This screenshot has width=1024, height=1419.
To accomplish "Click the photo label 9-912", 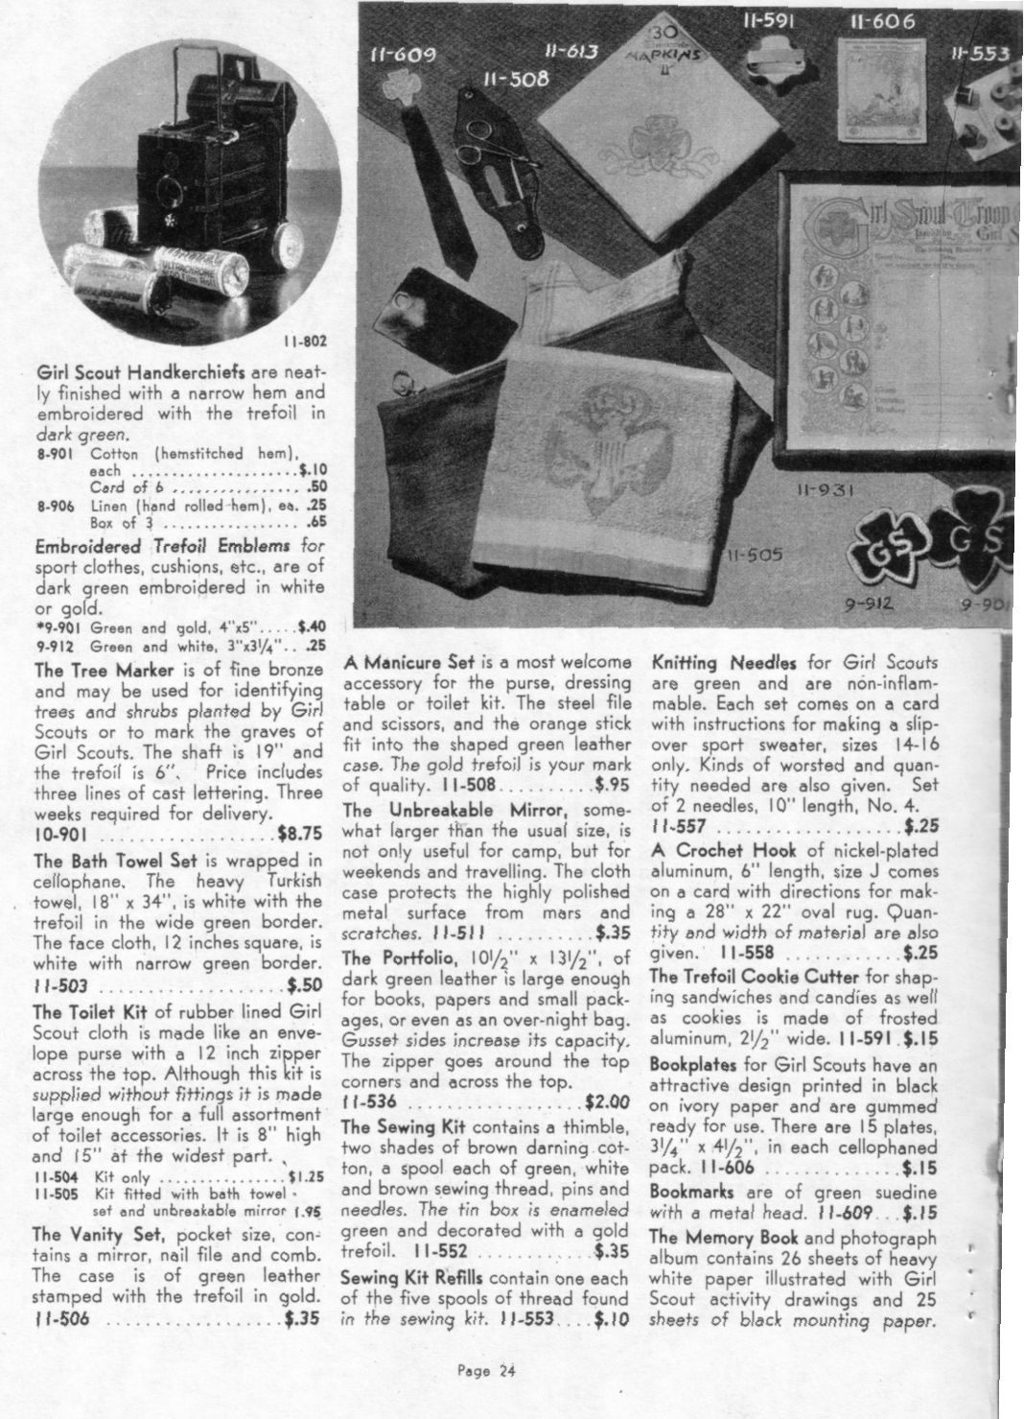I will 872,605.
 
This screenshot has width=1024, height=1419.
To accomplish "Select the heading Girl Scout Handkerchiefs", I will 140,372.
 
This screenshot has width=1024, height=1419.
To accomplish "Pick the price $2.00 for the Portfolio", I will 607,1103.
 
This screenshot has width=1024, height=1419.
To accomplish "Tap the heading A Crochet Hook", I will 724,850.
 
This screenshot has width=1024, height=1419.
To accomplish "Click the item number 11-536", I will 369,1103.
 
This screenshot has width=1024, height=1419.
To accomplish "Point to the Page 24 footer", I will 487,1372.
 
